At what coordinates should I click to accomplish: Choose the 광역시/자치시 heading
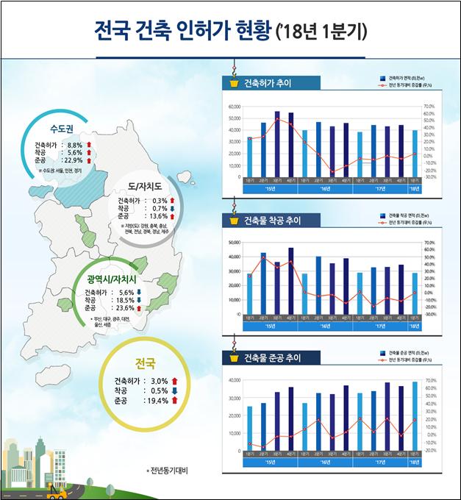[118, 279]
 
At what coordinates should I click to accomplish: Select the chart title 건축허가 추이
[267, 83]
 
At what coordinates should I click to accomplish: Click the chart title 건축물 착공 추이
[271, 221]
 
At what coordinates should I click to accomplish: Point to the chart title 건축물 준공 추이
[271, 358]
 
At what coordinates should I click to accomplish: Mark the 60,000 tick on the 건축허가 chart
[235, 107]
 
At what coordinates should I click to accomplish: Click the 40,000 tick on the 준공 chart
[235, 380]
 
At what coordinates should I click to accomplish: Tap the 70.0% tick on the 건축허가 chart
[429, 107]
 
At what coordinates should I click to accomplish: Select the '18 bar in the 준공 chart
[414, 415]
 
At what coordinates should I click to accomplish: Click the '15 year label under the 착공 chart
[270, 324]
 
